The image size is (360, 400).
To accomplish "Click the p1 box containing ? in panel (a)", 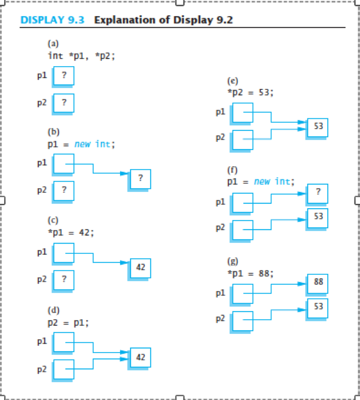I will (x=64, y=76).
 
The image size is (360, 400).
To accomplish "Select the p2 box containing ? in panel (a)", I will (x=64, y=103).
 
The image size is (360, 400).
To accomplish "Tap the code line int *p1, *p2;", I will (x=81, y=56).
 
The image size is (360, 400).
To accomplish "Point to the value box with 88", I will (x=318, y=283).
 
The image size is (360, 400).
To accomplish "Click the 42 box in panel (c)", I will (x=140, y=268).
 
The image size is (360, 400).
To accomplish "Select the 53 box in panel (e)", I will (x=318, y=126).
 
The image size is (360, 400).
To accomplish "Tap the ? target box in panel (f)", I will (x=318, y=193).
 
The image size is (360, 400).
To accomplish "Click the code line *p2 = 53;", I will (x=250, y=92).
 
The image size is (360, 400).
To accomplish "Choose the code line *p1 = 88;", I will (x=250, y=274).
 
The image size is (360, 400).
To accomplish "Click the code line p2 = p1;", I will (x=68, y=322).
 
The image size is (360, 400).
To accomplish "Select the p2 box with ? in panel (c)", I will (x=64, y=280).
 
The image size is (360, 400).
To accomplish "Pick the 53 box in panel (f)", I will (x=318, y=218).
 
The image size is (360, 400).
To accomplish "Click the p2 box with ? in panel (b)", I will (x=64, y=191).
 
